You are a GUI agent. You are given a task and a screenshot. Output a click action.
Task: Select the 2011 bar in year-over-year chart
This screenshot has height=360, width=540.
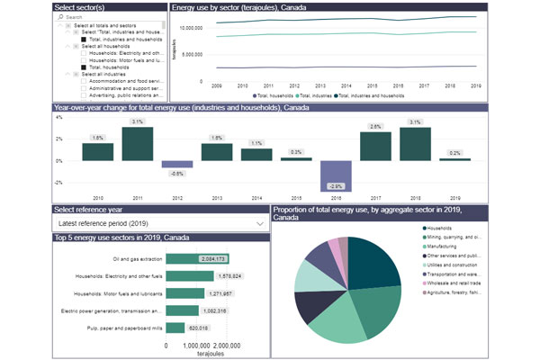tap(137, 144)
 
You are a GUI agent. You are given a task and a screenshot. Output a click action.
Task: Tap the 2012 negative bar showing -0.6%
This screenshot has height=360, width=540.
tap(177, 165)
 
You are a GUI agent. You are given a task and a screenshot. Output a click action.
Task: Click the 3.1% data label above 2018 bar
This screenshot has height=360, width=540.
tap(415, 120)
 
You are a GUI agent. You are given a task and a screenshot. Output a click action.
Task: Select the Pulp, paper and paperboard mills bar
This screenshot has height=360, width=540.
tap(175, 328)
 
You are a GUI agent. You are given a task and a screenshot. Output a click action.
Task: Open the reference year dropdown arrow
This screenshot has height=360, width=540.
tap(260, 222)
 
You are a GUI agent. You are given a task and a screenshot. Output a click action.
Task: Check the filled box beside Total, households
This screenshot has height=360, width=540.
tap(84, 67)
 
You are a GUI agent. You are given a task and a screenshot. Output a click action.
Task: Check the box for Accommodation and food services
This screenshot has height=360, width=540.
tap(84, 82)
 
